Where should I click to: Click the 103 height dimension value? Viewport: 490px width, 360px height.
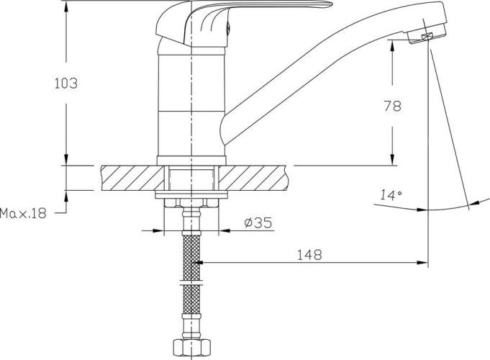tap(66, 84)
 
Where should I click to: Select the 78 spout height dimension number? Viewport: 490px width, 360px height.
tap(392, 107)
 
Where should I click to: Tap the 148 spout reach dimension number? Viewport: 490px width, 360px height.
tap(309, 255)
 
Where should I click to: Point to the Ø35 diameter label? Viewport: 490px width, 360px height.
tap(258, 222)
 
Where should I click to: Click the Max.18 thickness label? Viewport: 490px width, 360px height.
tap(23, 213)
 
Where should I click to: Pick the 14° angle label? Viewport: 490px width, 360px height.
tap(391, 195)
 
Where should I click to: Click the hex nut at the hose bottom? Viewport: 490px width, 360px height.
tap(191, 347)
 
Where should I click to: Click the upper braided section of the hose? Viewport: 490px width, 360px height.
tap(191, 258)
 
